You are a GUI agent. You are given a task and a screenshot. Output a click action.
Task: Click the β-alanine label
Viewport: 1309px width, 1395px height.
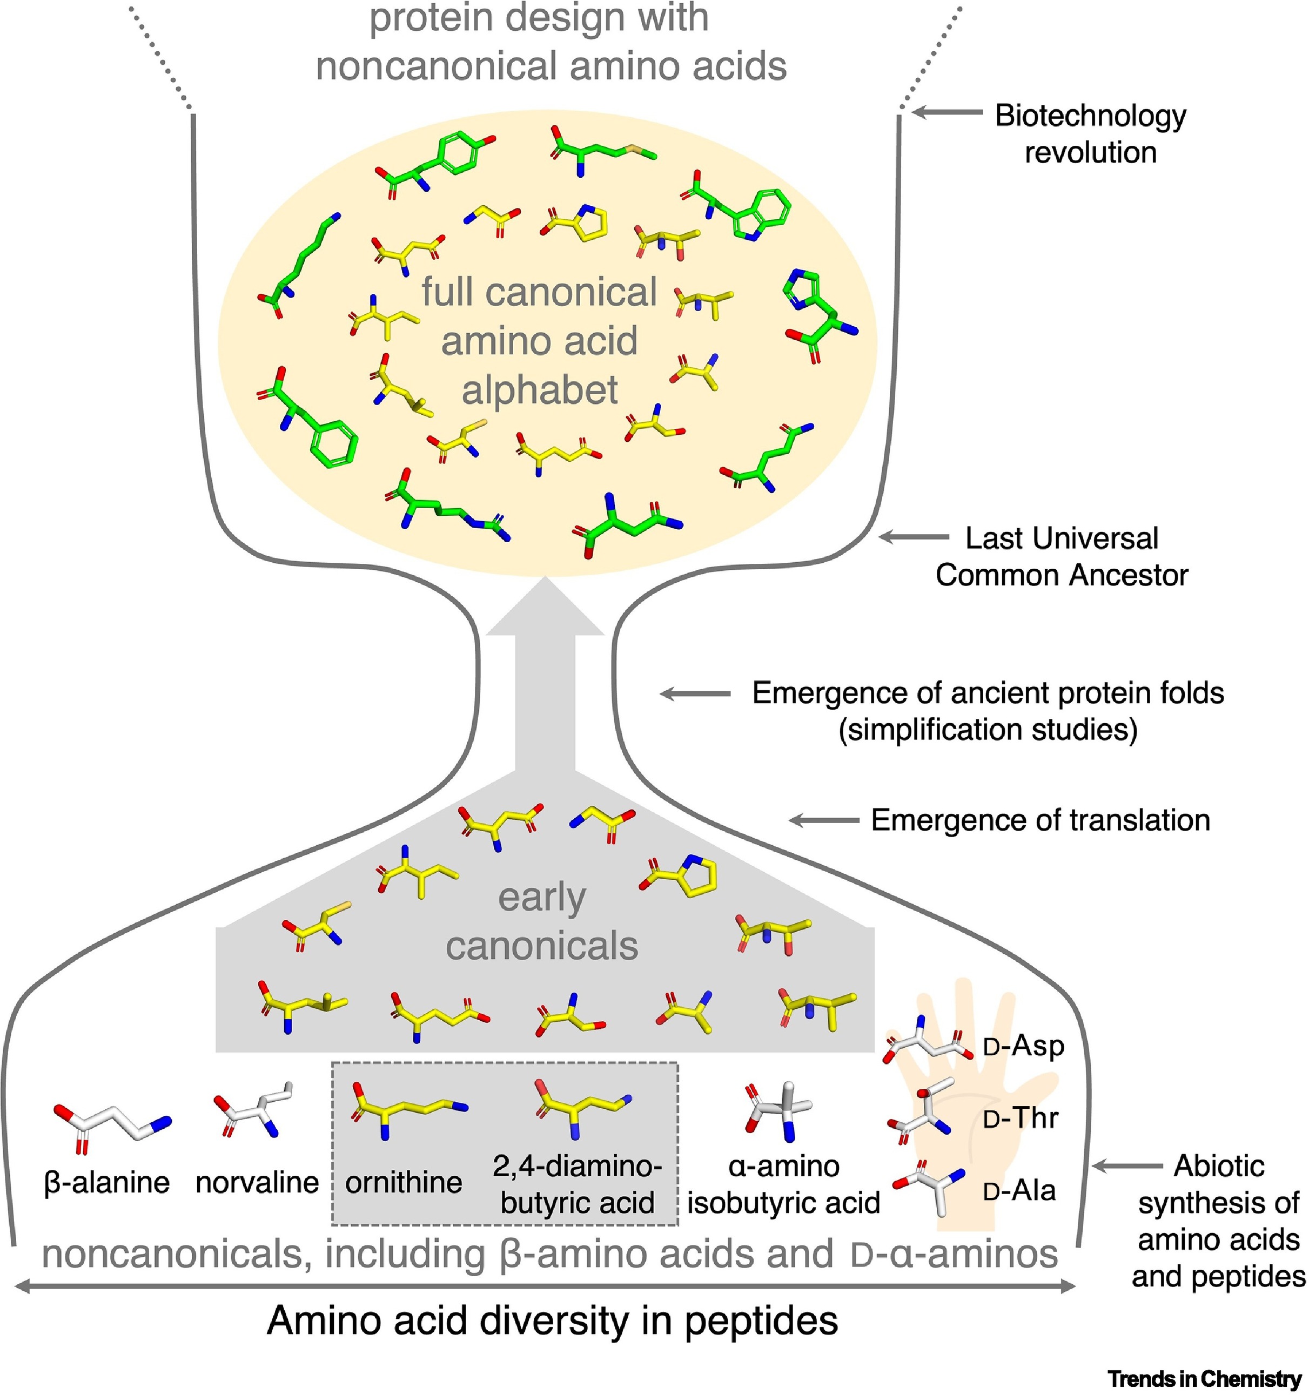pyautogui.click(x=106, y=1182)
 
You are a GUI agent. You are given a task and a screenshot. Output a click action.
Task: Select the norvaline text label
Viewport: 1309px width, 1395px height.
pyautogui.click(x=257, y=1182)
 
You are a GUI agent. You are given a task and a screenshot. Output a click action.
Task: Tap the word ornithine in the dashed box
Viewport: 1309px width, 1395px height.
pyautogui.click(x=404, y=1182)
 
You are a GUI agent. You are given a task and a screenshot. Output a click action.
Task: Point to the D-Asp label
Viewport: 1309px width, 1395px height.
pyautogui.click(x=1023, y=1046)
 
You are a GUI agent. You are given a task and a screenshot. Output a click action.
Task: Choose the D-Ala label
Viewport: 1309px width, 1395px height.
pyautogui.click(x=1019, y=1191)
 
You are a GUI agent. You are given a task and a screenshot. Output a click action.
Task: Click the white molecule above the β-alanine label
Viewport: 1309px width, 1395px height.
pyautogui.click(x=112, y=1123)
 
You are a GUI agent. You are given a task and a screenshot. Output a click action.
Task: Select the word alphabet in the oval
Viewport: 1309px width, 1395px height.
pyautogui.click(x=539, y=389)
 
